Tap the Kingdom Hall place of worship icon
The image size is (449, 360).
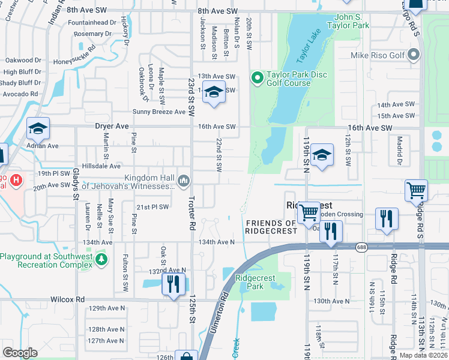point(184,179)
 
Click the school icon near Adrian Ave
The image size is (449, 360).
point(38,128)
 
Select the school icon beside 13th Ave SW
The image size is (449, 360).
point(213,92)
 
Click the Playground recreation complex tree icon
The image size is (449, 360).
point(102,259)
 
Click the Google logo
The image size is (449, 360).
point(20,353)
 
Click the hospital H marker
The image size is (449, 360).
point(16,179)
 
